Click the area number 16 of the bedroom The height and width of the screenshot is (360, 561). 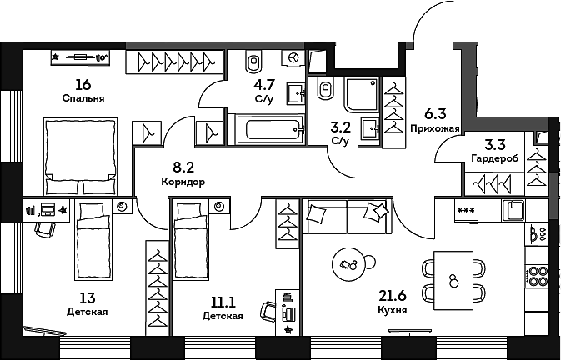tap(82, 84)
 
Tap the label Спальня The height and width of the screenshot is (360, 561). tap(83, 98)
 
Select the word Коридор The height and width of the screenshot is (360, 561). tap(183, 181)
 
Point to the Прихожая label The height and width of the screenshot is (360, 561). tap(435, 129)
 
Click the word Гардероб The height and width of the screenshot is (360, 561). tap(495, 158)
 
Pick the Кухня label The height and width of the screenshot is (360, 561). tap(391, 309)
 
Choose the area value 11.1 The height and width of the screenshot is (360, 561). tap(223, 302)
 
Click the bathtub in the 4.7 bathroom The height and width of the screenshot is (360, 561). tap(268, 130)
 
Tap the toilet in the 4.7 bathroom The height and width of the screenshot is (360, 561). tap(254, 60)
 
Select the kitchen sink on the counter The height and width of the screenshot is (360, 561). tap(513, 211)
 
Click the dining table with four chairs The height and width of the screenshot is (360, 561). tap(453, 279)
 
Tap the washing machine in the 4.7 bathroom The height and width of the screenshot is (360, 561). tap(294, 57)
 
